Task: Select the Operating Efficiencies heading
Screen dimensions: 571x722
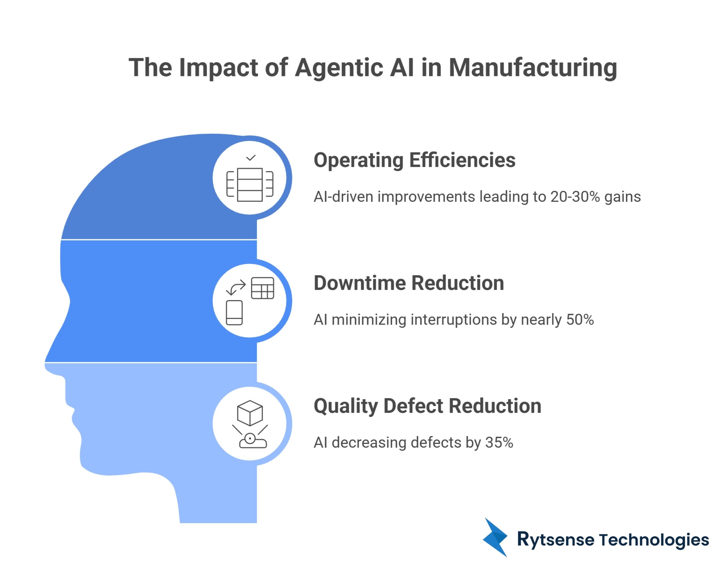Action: pyautogui.click(x=414, y=160)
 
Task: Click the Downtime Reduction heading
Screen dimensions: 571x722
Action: pyautogui.click(x=409, y=283)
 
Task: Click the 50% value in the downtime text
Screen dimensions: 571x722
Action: pyautogui.click(x=580, y=320)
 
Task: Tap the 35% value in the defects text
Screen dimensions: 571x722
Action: pyautogui.click(x=499, y=443)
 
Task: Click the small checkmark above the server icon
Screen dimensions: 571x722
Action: pyautogui.click(x=251, y=158)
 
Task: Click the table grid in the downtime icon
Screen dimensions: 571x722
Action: pyautogui.click(x=262, y=288)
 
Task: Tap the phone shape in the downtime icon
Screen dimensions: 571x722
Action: pyautogui.click(x=234, y=313)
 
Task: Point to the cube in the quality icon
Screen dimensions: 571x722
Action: pyautogui.click(x=250, y=413)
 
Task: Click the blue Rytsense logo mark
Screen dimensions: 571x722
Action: pyautogui.click(x=495, y=537)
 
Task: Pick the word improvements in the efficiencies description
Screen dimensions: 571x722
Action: pyautogui.click(x=426, y=197)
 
